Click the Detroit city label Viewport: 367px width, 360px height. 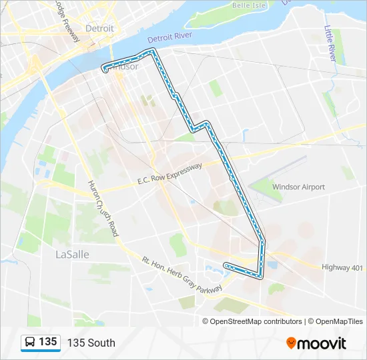tap(99, 29)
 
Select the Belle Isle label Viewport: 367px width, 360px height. tap(249, 5)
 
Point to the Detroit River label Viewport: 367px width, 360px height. tap(169, 37)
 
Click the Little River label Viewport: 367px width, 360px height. tap(330, 43)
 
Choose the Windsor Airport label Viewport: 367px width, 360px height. tap(298, 187)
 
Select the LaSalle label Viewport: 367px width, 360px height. tap(71, 255)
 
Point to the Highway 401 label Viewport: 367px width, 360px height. tap(342, 267)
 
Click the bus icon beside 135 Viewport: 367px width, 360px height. tap(30, 343)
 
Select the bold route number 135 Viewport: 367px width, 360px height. tap(47, 342)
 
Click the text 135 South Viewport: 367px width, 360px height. tap(91, 343)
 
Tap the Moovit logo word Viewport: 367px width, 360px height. tap(322, 343)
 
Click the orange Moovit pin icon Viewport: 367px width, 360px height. tap(291, 343)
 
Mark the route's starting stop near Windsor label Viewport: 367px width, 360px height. tap(105, 68)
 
